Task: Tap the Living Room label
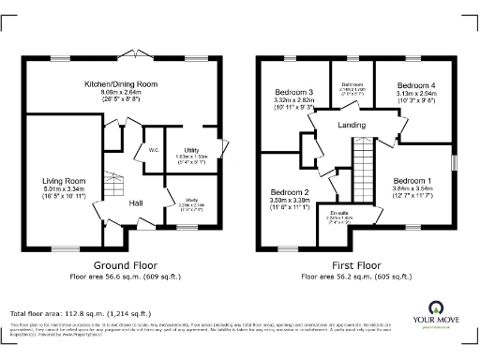click(x=64, y=181)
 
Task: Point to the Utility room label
click(x=192, y=149)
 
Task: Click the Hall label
click(x=135, y=202)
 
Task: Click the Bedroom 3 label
click(x=293, y=93)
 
